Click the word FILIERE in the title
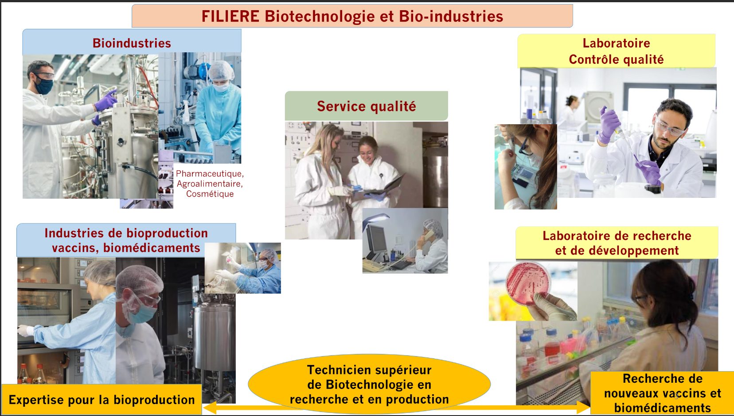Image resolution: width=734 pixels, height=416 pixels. click(230, 16)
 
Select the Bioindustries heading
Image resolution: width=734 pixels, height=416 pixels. click(132, 43)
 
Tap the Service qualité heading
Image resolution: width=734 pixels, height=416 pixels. click(367, 106)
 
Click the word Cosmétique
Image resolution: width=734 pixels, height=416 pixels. click(210, 194)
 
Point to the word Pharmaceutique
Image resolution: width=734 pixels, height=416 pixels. click(210, 173)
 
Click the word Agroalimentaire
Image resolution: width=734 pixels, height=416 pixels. click(210, 184)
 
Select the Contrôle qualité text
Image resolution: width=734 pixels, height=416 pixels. click(616, 59)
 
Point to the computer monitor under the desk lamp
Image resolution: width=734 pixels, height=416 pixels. click(376, 239)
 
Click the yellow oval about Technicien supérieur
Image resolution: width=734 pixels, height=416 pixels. click(369, 384)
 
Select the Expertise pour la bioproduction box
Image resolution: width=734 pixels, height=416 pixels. click(102, 400)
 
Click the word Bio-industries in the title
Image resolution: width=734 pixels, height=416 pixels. click(451, 16)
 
